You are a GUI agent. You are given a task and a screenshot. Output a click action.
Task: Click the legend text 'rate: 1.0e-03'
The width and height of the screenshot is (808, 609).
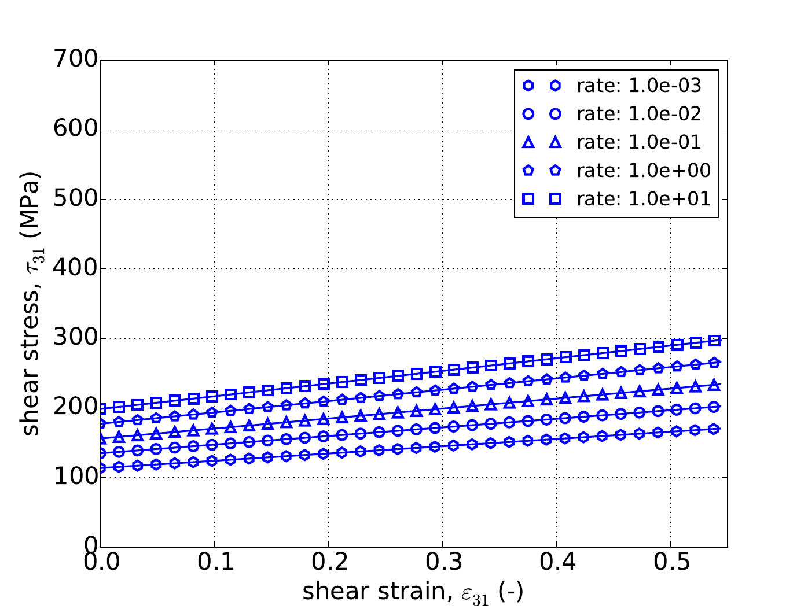pyautogui.click(x=639, y=86)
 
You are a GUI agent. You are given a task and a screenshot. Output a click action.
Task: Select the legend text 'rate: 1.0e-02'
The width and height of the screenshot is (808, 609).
pyautogui.click(x=639, y=114)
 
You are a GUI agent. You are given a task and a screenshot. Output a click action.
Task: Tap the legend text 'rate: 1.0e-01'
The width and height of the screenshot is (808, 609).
pyautogui.click(x=639, y=142)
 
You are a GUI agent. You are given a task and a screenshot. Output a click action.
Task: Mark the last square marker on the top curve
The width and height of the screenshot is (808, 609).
pyautogui.click(x=715, y=341)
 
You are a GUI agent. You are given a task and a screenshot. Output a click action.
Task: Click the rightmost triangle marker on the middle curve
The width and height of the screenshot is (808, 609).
pyautogui.click(x=715, y=385)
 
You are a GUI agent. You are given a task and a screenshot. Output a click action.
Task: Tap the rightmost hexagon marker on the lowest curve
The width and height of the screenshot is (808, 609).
pyautogui.click(x=715, y=429)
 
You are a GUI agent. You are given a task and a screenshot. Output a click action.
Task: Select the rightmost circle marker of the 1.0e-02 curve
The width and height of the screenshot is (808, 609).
pyautogui.click(x=715, y=407)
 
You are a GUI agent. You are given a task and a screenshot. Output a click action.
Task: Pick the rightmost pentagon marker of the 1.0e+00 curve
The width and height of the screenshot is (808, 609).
pyautogui.click(x=715, y=363)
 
